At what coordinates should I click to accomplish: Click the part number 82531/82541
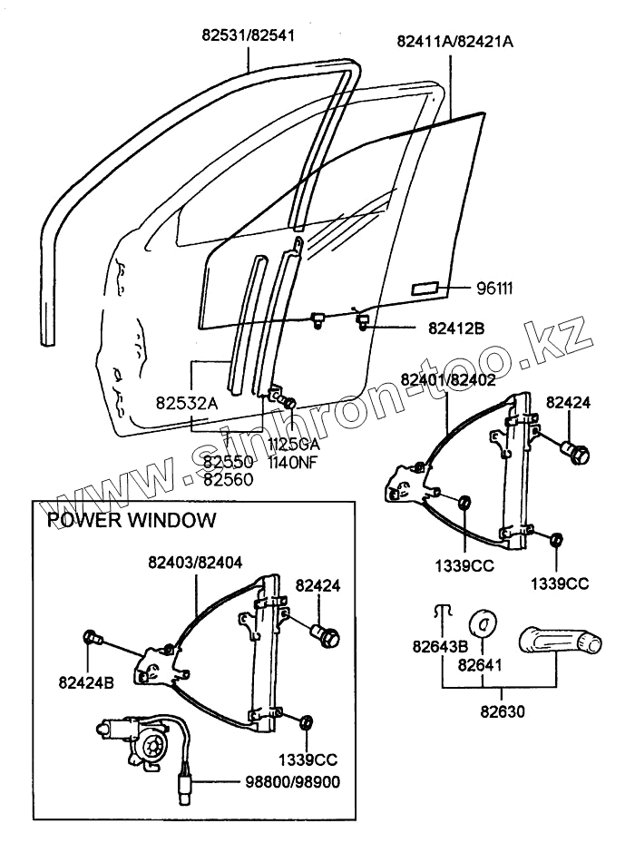[x=249, y=35]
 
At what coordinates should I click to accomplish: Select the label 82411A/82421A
[x=454, y=42]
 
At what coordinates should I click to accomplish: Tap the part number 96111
[x=494, y=289]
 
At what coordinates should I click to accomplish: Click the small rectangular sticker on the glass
[x=425, y=289]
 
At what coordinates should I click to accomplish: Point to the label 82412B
[x=456, y=328]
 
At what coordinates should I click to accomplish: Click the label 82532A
[x=187, y=403]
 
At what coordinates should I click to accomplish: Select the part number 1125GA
[x=294, y=446]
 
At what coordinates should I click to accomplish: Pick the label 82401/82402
[x=448, y=379]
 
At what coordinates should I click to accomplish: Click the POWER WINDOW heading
[x=132, y=520]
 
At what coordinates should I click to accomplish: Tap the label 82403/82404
[x=195, y=563]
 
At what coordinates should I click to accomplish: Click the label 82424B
[x=86, y=682]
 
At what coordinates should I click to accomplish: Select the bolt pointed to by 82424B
[x=93, y=638]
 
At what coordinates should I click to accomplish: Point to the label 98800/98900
[x=292, y=781]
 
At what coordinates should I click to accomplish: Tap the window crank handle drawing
[x=560, y=641]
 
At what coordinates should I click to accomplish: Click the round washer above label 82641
[x=483, y=623]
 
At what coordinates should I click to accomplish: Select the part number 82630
[x=503, y=711]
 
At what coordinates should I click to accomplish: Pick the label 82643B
[x=440, y=646]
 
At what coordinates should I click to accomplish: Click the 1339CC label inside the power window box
[x=308, y=760]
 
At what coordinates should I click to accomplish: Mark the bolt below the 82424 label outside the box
[x=575, y=453]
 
